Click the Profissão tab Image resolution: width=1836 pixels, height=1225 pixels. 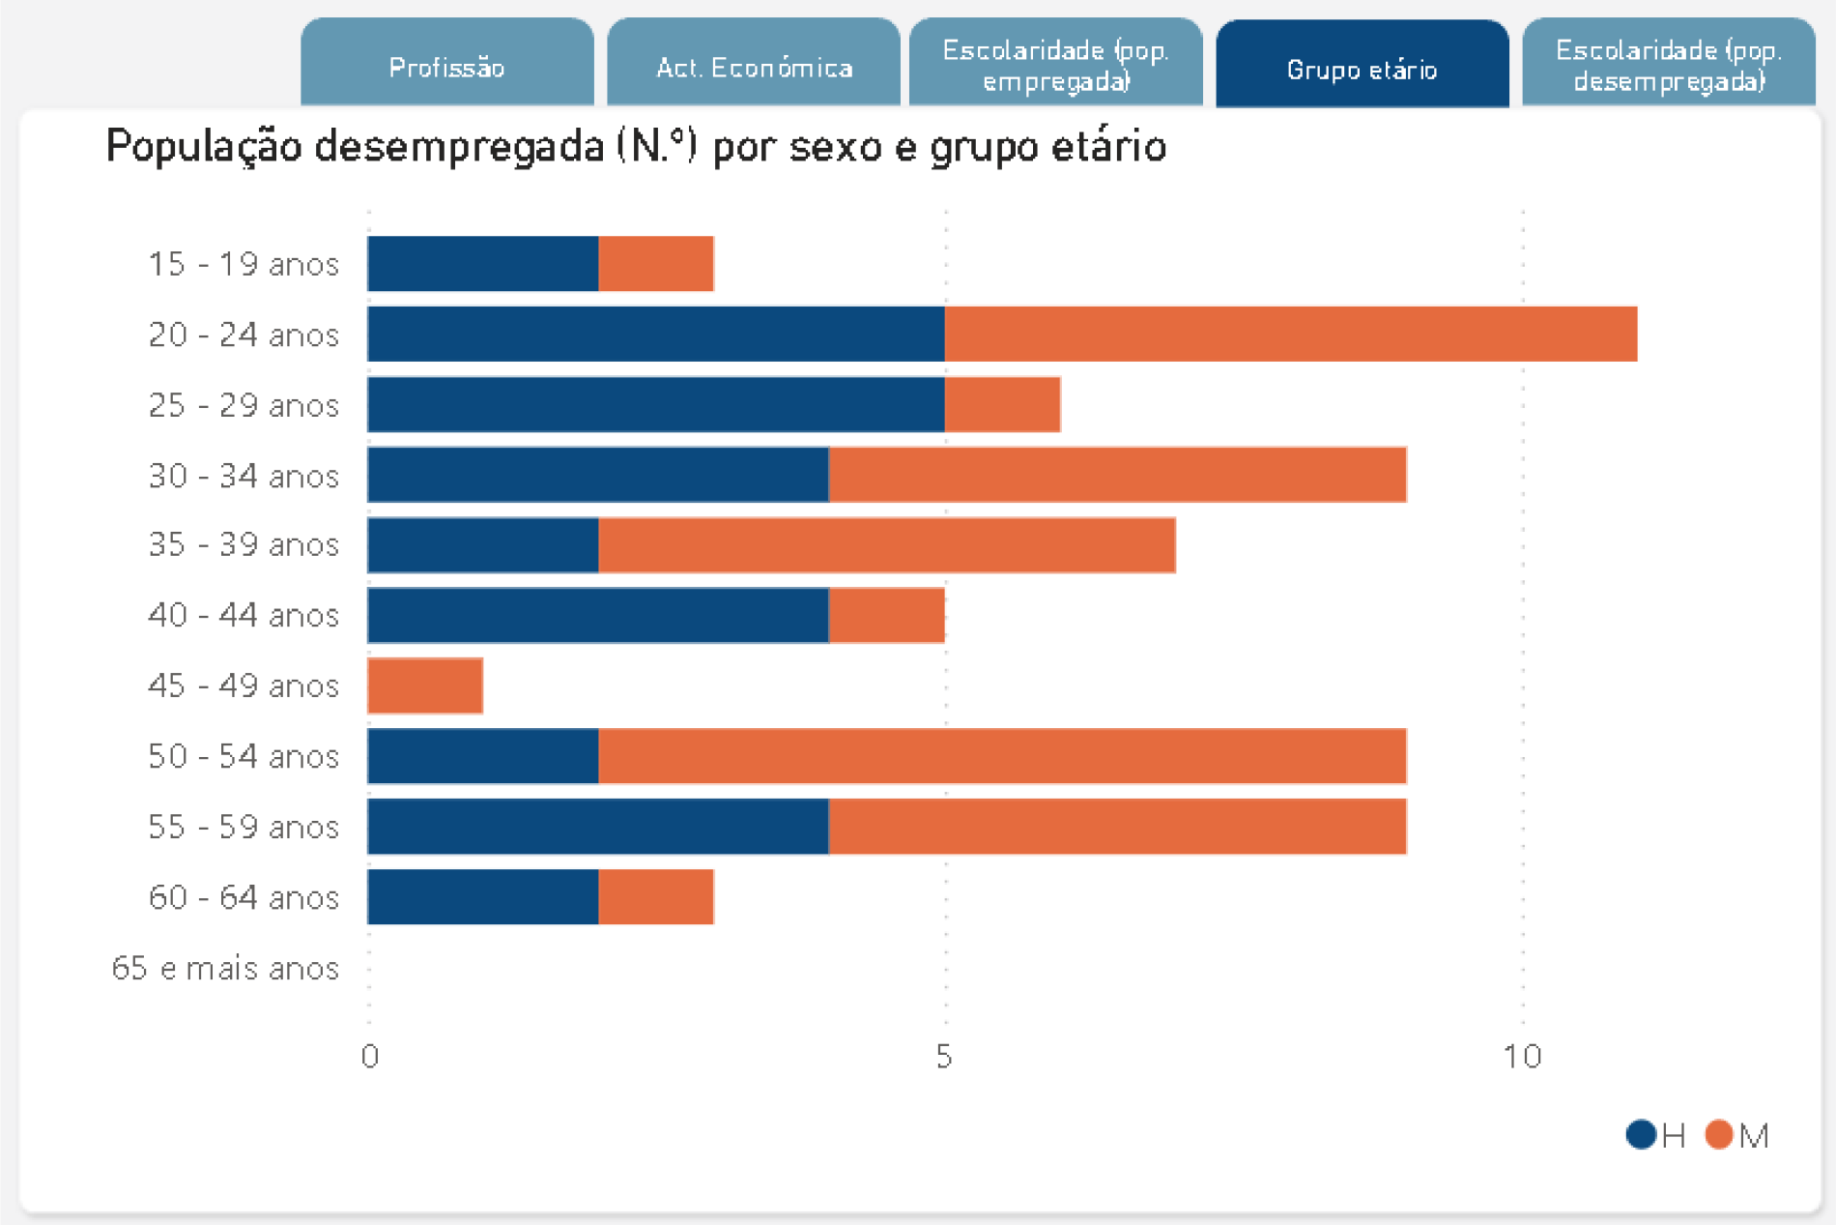446,66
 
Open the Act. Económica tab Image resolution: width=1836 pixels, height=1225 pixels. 754,66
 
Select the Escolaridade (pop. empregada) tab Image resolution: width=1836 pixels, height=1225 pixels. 1055,65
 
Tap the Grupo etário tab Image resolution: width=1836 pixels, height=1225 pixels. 1362,68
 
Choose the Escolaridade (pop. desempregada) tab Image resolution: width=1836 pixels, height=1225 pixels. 1669,65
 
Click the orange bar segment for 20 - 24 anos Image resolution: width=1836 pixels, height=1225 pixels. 1290,335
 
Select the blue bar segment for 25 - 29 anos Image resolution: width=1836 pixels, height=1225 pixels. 655,405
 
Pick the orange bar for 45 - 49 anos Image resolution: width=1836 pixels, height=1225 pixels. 425,686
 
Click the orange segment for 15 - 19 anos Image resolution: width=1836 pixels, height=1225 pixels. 656,264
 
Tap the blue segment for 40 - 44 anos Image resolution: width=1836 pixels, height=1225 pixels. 597,616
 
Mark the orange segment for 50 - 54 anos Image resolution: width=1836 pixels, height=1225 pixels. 1002,757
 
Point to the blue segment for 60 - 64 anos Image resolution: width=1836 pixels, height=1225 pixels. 482,897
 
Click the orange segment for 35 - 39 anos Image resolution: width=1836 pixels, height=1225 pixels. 886,545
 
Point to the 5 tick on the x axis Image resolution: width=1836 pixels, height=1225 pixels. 944,1057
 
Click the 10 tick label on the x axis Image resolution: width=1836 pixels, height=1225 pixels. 1522,1057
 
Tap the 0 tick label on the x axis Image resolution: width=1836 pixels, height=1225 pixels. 369,1057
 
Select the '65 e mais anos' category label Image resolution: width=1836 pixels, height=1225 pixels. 225,969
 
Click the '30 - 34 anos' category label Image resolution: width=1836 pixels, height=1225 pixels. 244,476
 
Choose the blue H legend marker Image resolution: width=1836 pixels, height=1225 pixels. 1641,1134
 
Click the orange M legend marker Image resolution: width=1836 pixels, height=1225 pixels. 1719,1134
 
